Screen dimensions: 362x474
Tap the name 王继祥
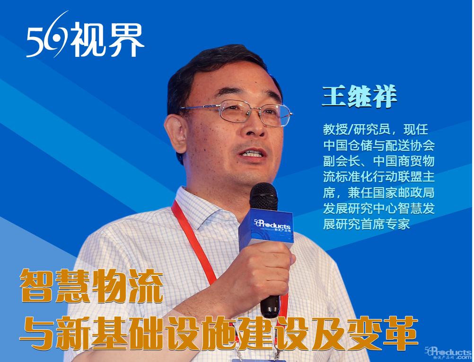pos(360,96)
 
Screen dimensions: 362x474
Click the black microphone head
pos(263,197)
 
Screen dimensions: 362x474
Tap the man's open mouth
pos(252,154)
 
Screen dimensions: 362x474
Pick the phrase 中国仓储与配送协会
pos(379,145)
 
